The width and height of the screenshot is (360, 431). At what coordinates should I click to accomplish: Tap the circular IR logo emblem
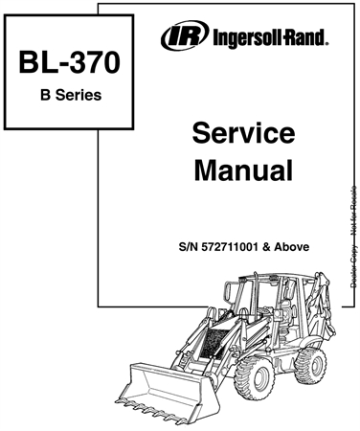(178, 39)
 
